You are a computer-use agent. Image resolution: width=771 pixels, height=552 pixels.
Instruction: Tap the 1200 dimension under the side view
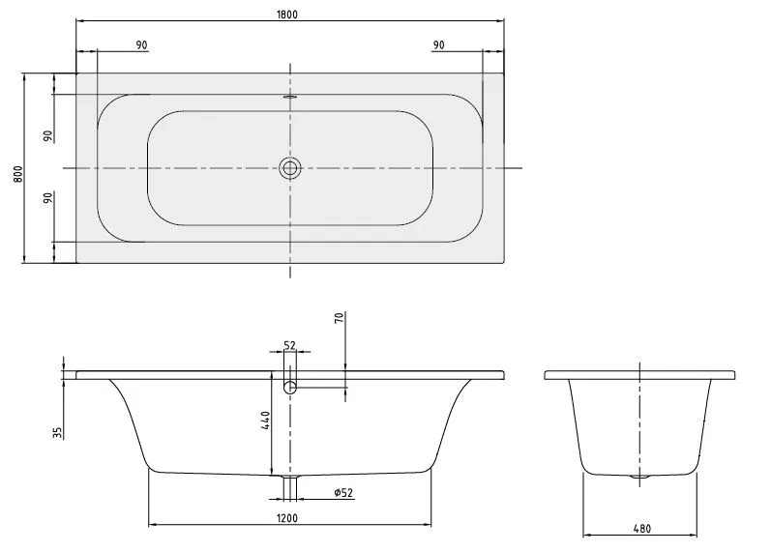coord(287,517)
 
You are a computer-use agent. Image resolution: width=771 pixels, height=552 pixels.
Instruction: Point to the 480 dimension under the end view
coord(640,529)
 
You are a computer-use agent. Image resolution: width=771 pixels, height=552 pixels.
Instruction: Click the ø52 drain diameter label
coord(342,493)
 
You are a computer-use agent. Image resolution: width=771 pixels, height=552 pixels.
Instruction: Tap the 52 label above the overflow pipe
coord(289,345)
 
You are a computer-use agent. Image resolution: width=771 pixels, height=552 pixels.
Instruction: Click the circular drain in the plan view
coord(290,168)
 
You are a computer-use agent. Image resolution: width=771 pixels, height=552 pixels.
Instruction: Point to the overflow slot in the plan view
coord(290,97)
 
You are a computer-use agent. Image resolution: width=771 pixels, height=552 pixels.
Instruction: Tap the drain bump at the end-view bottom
coord(639,478)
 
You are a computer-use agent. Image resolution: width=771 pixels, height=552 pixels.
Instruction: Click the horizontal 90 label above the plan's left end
coord(141,45)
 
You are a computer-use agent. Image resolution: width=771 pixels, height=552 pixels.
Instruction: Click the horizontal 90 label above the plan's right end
coord(438,45)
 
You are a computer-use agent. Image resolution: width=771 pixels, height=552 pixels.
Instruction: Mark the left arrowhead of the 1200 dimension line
coord(152,525)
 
